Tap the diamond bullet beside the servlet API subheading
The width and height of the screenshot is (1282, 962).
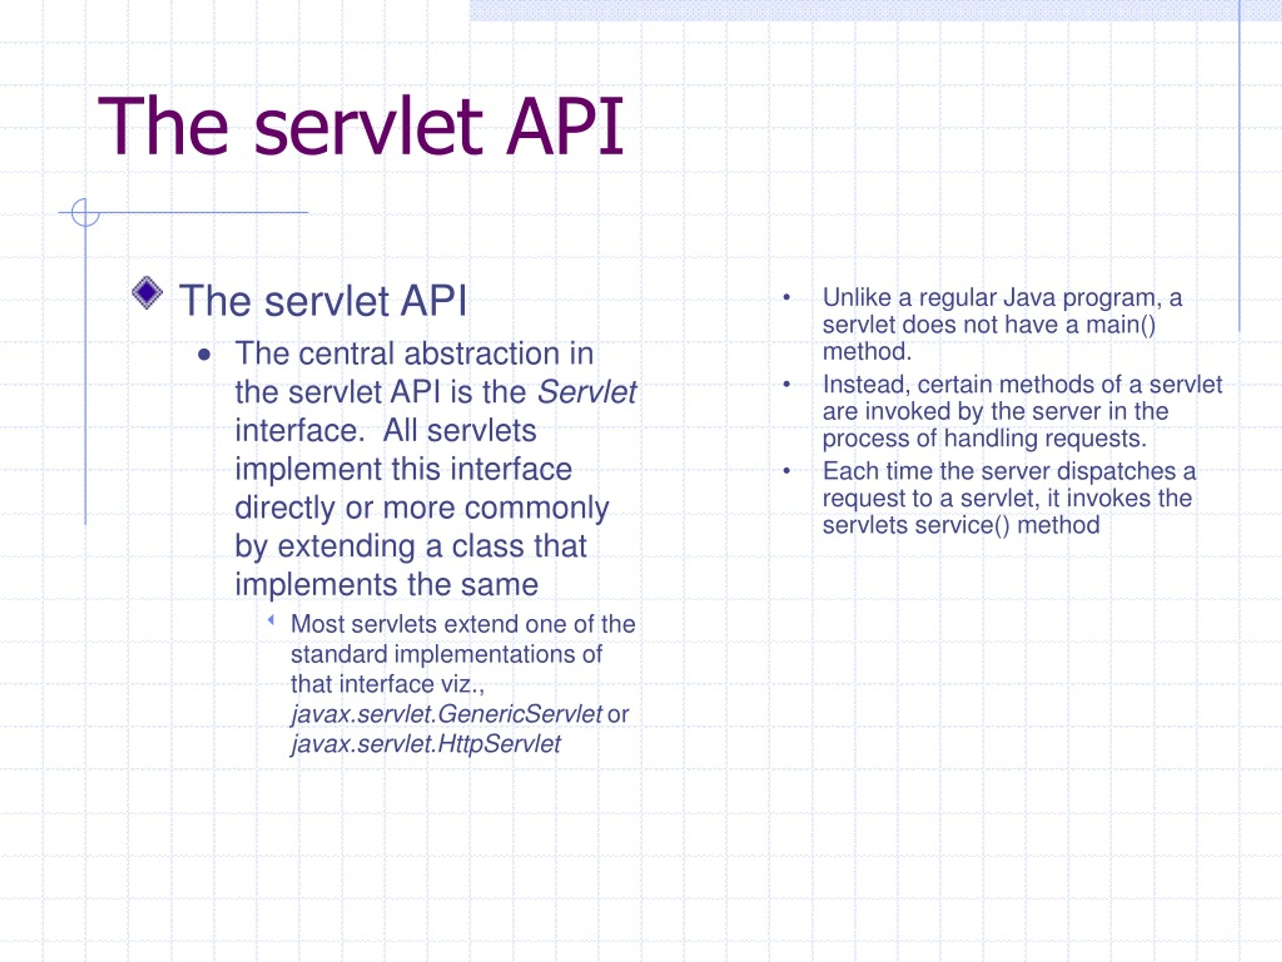pos(147,292)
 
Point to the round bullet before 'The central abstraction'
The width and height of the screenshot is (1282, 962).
pos(203,355)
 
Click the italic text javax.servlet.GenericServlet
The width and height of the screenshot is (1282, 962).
pos(446,714)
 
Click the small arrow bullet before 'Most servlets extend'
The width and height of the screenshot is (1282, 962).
pos(270,620)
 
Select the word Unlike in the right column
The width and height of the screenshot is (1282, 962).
pos(857,298)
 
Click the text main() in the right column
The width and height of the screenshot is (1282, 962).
pos(1120,325)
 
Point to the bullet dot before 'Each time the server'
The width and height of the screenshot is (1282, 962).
pos(786,471)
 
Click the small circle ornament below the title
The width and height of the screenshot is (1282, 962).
pos(85,212)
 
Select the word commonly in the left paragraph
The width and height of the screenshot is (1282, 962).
pos(536,508)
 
